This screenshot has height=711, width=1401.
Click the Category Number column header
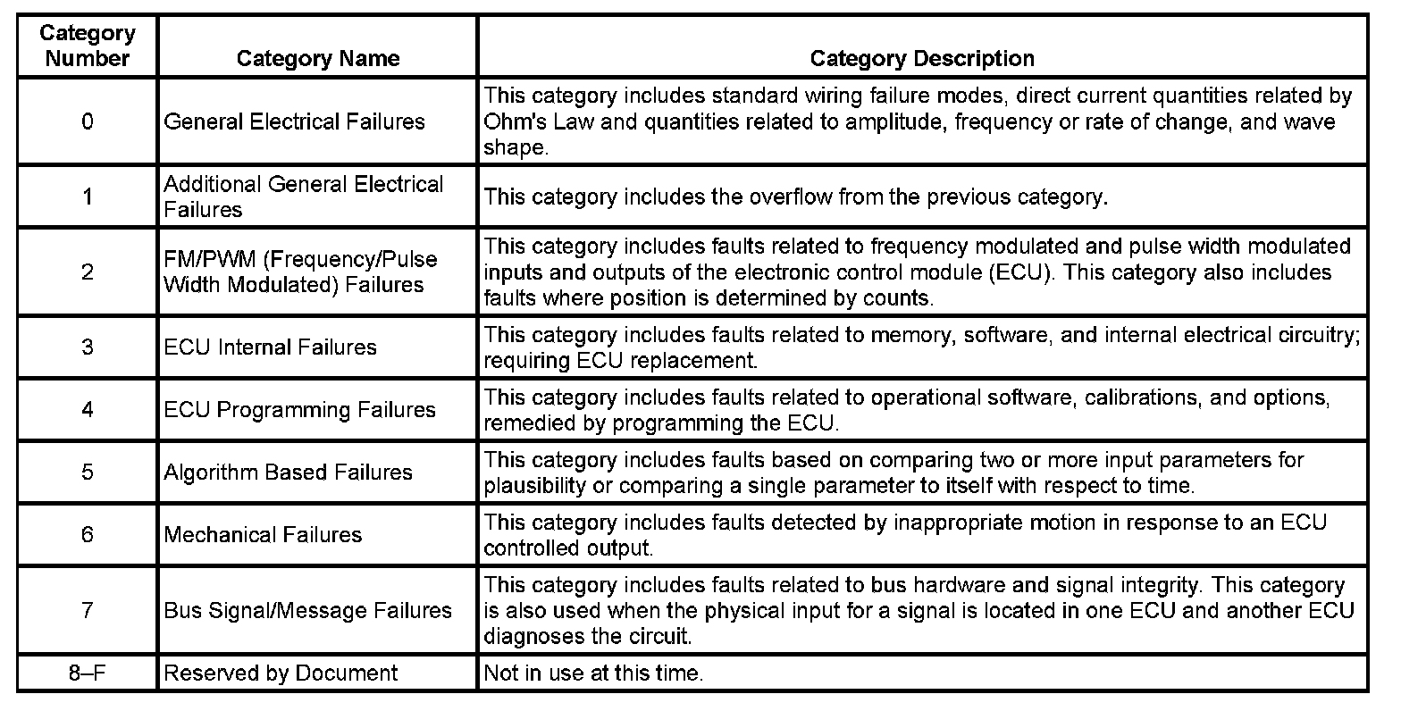(87, 46)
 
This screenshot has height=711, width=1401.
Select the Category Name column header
(317, 59)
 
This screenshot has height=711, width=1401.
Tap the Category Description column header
(922, 59)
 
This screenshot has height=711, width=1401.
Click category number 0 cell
(87, 121)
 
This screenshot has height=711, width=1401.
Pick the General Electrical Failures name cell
(295, 121)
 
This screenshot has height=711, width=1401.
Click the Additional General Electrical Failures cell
(304, 197)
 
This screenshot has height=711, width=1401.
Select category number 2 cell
(87, 272)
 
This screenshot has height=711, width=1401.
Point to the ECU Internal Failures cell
(270, 347)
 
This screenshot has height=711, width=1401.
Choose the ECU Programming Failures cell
(299, 410)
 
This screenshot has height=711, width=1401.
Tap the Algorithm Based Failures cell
(288, 473)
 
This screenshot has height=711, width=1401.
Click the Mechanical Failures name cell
(263, 535)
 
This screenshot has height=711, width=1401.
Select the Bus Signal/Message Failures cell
(307, 611)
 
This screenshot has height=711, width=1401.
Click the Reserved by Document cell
(281, 673)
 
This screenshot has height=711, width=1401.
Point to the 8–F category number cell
(87, 673)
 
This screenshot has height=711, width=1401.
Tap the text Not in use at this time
(593, 673)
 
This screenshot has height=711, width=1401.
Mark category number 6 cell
(87, 535)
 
